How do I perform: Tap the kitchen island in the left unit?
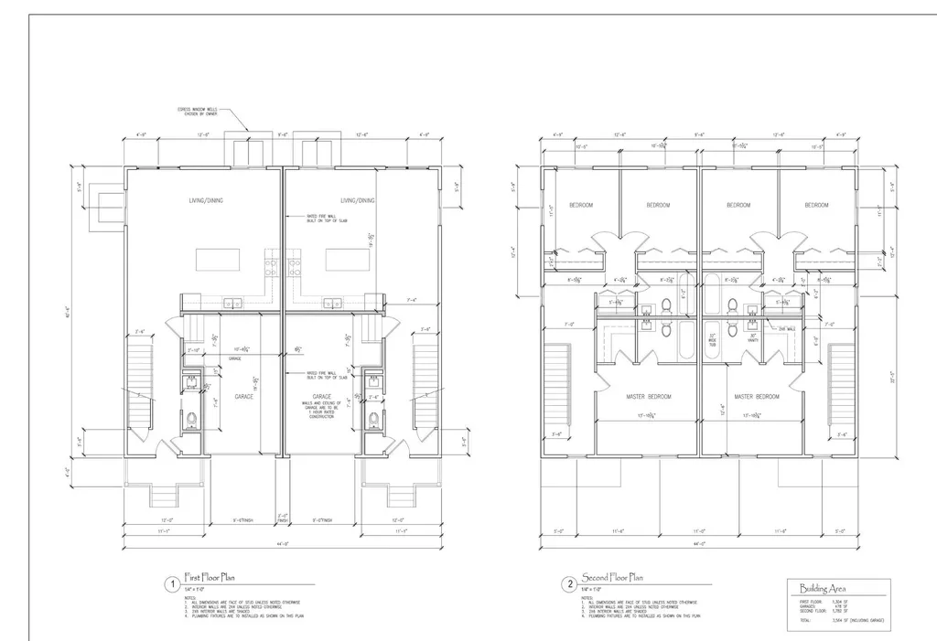219,260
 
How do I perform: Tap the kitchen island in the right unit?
349,260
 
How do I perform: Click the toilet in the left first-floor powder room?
192,422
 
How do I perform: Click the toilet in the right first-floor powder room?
373,422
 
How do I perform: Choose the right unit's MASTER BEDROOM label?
756,396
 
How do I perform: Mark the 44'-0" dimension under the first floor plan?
284,546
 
